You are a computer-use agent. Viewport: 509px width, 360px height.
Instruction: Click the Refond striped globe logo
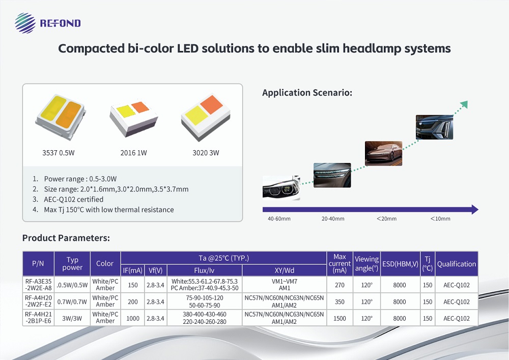click(x=25, y=23)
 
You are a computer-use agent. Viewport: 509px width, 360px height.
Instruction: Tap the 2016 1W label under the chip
click(x=133, y=153)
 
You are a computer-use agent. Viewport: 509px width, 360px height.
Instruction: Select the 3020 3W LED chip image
click(x=206, y=118)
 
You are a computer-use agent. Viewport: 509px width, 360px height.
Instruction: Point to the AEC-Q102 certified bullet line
click(x=74, y=199)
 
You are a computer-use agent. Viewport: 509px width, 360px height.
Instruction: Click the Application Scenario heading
click(x=307, y=93)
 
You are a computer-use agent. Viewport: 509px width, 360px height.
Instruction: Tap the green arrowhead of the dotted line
click(x=464, y=104)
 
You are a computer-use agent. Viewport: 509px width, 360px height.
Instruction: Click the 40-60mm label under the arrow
click(x=279, y=219)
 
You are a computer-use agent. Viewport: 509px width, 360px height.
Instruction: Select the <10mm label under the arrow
click(x=440, y=219)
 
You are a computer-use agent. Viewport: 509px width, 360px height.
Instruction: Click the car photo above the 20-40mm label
click(x=332, y=175)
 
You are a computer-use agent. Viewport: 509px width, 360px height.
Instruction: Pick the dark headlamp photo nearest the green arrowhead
click(x=434, y=127)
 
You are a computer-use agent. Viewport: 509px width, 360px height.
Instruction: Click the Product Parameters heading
click(x=66, y=238)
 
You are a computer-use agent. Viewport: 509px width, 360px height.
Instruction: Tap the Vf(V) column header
click(x=155, y=270)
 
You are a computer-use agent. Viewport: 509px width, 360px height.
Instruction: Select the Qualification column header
click(x=457, y=264)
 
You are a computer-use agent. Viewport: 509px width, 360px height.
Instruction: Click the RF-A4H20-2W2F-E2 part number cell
click(x=38, y=301)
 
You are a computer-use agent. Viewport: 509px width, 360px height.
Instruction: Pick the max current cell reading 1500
click(x=340, y=318)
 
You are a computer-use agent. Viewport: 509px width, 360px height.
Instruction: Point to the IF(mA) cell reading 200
click(x=133, y=301)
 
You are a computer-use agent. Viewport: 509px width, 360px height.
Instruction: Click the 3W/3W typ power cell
click(x=72, y=318)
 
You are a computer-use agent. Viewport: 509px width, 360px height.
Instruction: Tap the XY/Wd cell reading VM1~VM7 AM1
click(x=285, y=285)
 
